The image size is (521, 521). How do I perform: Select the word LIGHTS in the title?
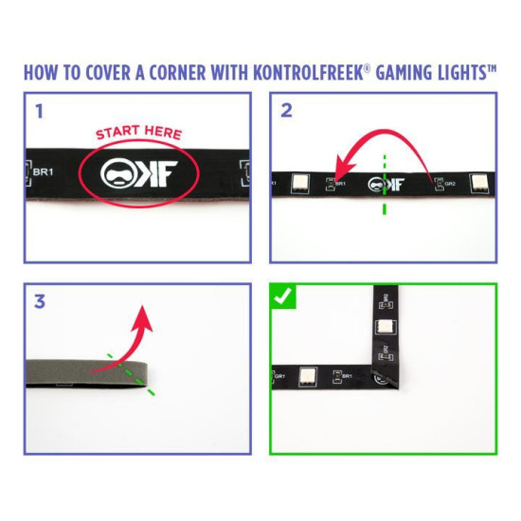(454, 73)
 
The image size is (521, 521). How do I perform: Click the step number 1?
(39, 111)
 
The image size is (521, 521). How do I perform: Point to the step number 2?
(286, 111)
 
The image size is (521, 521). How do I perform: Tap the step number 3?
(40, 302)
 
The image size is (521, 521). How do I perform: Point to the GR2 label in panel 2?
(449, 184)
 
